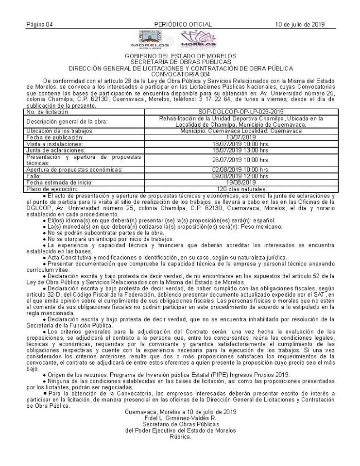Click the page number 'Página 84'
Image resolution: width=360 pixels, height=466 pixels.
(x=39, y=24)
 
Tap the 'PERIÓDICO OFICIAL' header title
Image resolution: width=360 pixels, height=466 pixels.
(x=183, y=24)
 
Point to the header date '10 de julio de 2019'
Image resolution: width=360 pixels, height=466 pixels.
(x=299, y=24)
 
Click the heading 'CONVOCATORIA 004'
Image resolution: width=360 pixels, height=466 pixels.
(x=180, y=74)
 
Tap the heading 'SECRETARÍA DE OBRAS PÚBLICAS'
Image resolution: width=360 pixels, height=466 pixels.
(x=180, y=62)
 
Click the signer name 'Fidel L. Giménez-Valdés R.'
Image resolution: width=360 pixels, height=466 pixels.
(x=180, y=418)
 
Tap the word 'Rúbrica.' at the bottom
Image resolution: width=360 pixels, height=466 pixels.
(x=180, y=436)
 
